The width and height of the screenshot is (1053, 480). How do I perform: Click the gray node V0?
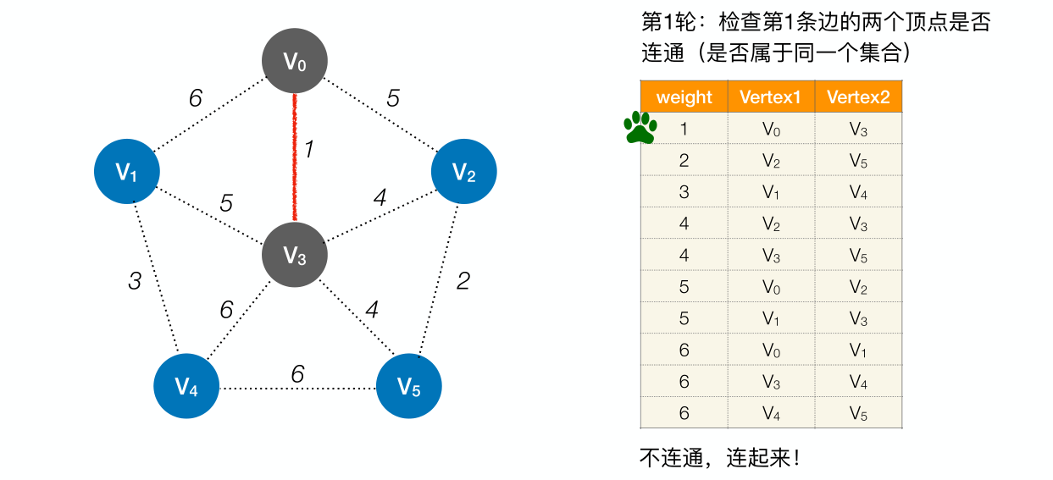[294, 62]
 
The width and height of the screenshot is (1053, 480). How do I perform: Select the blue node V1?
[126, 172]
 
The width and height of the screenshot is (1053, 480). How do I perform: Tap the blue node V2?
[463, 172]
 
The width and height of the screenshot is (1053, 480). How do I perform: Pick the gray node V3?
[294, 255]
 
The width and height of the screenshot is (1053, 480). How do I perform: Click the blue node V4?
[186, 387]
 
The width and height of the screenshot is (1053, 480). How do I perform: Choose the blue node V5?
[409, 387]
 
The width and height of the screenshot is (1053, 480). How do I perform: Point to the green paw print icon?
[640, 128]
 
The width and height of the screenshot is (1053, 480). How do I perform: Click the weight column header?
[684, 97]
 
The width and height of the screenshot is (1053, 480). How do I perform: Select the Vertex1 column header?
[770, 97]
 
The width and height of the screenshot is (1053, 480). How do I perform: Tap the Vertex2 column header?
[858, 97]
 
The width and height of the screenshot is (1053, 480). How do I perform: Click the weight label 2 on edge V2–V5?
[463, 281]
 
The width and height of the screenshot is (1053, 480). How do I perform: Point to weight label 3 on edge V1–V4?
[135, 281]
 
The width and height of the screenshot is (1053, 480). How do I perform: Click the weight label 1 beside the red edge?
[309, 150]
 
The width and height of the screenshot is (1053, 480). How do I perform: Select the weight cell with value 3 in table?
[684, 192]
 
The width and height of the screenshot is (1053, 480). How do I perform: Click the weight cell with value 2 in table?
[684, 161]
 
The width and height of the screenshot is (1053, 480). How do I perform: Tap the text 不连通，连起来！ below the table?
[719, 459]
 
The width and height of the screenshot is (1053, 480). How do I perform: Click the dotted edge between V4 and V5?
[297, 389]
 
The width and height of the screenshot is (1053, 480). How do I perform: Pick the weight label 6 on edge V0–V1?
[196, 99]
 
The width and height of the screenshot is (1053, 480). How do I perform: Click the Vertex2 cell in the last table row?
[858, 413]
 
